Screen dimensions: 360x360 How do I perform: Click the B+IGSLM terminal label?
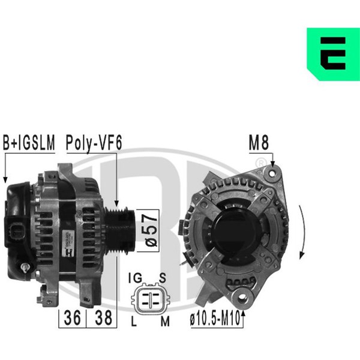click(x=29, y=143)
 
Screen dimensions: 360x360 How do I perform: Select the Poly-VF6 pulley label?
click(x=94, y=143)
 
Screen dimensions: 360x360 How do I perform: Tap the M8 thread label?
click(x=259, y=143)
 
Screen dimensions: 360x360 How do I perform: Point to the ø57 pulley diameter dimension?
click(x=151, y=230)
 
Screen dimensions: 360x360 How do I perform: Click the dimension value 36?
click(x=73, y=318)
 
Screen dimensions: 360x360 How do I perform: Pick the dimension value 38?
click(x=103, y=318)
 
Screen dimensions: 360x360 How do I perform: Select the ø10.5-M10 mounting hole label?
click(x=215, y=319)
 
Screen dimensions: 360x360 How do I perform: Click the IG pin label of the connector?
click(x=135, y=278)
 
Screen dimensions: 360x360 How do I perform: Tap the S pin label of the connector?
click(x=163, y=278)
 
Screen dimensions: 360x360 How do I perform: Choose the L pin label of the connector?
click(x=134, y=321)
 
